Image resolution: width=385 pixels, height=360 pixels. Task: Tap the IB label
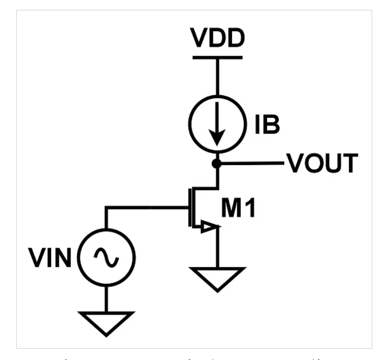coord(267,126)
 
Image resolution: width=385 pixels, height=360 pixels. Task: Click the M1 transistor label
coord(239,209)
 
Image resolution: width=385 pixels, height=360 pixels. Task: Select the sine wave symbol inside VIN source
coord(106,257)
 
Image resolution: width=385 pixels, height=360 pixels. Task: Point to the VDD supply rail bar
coord(217,57)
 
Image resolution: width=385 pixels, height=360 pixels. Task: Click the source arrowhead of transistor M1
coord(210,227)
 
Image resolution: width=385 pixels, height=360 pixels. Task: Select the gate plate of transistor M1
coord(190,208)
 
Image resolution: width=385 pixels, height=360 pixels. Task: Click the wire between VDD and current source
coord(217,76)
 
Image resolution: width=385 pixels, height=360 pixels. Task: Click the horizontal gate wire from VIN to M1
coord(148,208)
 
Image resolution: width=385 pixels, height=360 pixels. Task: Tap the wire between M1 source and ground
coord(217,249)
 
